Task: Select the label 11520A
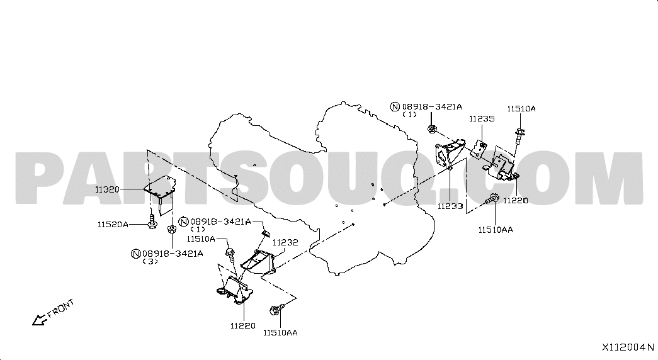(113, 224)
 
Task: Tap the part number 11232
(285, 242)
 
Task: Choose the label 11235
(481, 118)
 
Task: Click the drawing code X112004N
(628, 347)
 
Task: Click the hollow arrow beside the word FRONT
(40, 320)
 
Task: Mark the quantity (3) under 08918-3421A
(150, 261)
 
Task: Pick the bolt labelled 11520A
(152, 221)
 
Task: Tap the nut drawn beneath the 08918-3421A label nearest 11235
(432, 129)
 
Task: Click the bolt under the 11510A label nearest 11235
(520, 133)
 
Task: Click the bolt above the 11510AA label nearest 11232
(276, 310)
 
